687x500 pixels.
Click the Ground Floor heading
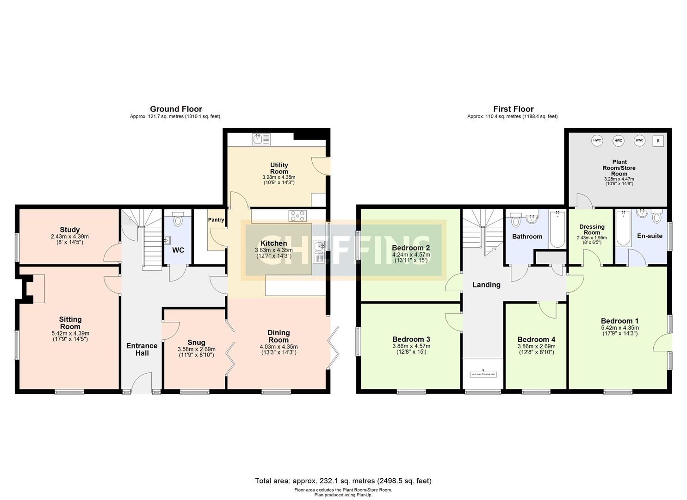coord(176,109)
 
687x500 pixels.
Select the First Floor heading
coord(513,109)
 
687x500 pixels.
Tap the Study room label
coord(70,230)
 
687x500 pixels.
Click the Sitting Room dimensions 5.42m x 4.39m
coord(70,333)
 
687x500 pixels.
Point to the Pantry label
coord(216,220)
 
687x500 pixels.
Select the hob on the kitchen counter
coord(297,216)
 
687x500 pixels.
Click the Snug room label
coord(197,343)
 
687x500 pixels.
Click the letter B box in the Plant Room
coord(658,141)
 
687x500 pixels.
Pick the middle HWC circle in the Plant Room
coord(618,140)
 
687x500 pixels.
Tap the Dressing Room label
coord(592,230)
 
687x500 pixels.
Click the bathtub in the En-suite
coord(624,229)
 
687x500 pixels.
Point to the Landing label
coord(486,285)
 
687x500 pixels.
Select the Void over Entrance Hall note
coord(483,374)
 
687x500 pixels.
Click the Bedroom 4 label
coord(536,339)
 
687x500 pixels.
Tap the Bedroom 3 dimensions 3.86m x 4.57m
coord(411,346)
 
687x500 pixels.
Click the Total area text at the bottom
coord(343,481)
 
